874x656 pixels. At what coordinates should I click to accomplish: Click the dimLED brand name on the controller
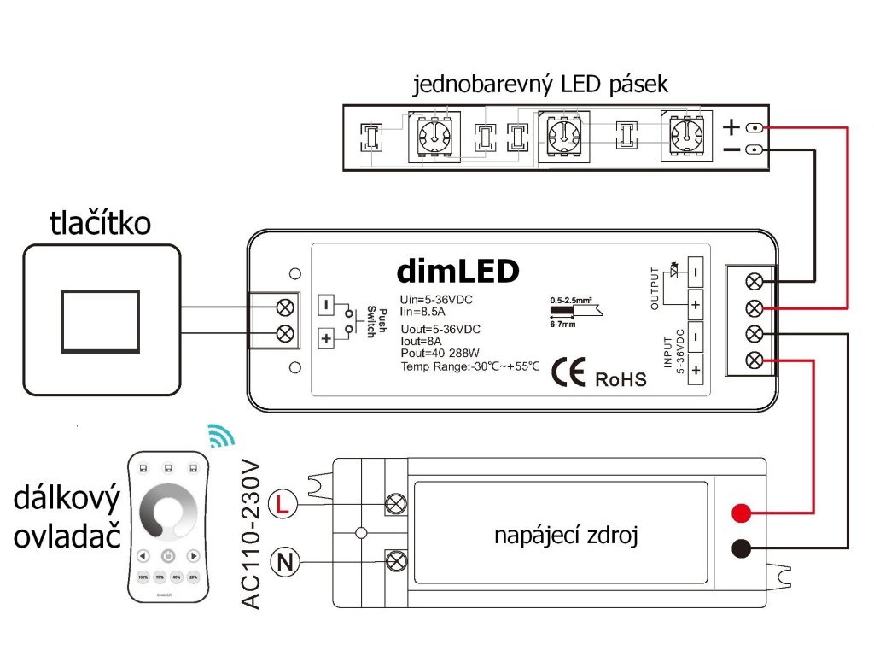pos(457,271)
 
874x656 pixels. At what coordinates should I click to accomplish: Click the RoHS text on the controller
pos(621,378)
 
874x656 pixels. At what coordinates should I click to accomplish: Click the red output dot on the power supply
pos(741,513)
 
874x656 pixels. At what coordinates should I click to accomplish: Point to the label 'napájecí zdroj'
pos(566,536)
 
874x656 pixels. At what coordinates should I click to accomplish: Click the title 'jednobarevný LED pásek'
pos(539,85)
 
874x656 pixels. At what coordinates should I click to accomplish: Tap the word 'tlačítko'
pos(101,223)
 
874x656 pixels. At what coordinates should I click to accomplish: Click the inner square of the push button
pos(101,320)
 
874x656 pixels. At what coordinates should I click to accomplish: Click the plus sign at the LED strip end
pos(731,127)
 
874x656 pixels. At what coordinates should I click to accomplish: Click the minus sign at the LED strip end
pos(731,151)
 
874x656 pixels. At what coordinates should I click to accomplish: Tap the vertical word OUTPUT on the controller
pos(655,289)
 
